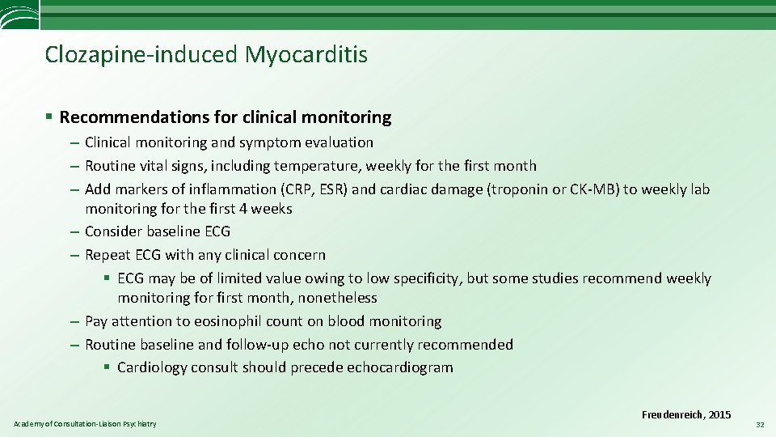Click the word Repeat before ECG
click(107, 256)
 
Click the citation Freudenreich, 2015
click(686, 415)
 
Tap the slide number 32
click(760, 424)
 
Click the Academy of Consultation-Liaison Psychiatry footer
click(85, 424)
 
